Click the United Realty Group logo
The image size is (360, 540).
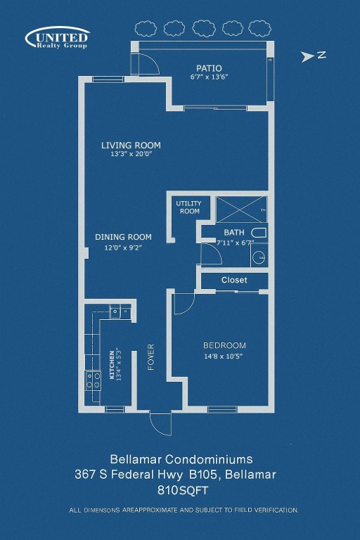[x=58, y=37]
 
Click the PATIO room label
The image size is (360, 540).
[x=209, y=68]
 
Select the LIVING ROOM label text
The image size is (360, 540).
[x=131, y=146]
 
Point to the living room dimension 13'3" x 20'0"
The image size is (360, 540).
[x=131, y=155]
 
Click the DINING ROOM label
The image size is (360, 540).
[x=123, y=237]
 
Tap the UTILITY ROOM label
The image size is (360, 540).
[x=188, y=207]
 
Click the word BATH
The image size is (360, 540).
[x=233, y=233]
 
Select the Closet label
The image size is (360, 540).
[x=234, y=280]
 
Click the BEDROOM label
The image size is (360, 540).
[x=224, y=345]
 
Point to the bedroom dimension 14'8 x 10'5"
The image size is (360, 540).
[x=224, y=356]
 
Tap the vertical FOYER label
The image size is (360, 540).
[x=150, y=356]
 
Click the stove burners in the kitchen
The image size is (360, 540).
[x=94, y=380]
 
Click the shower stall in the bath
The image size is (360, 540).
[x=240, y=210]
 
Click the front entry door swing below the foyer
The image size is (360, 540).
[x=160, y=424]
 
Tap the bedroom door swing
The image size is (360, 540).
[x=182, y=303]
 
